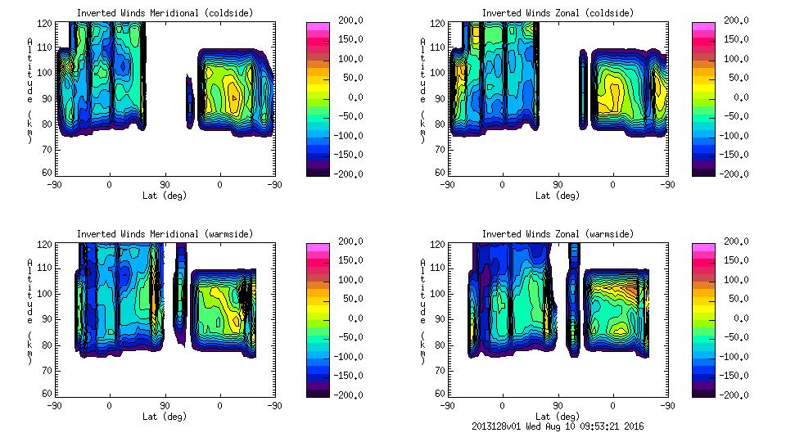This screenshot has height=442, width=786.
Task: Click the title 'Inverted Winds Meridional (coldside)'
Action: pos(165,13)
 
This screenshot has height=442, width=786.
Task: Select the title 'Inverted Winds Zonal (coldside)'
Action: pos(558,13)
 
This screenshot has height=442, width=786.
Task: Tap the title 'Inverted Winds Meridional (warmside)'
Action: pos(165,234)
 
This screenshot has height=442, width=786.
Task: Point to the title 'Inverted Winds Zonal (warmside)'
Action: pos(558,234)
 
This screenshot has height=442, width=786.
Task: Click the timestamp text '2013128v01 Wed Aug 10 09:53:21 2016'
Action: pos(558,426)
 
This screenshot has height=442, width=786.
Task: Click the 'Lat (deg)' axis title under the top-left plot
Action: pos(165,196)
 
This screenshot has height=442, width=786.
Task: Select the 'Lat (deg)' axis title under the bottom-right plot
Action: pos(558,417)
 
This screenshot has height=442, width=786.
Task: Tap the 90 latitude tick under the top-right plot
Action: pos(558,185)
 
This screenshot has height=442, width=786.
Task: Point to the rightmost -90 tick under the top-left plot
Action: pos(275,185)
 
